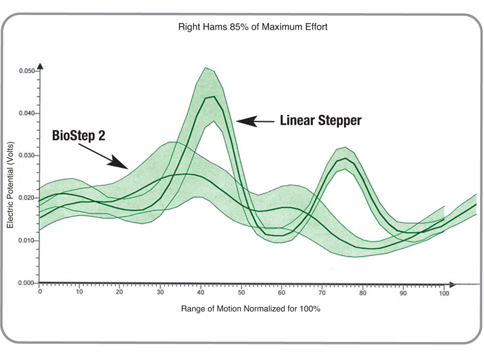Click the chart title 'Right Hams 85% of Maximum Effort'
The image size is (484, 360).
click(253, 27)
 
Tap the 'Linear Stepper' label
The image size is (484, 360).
click(320, 120)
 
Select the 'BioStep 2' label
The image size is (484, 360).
click(78, 135)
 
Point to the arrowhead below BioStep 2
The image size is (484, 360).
click(119, 163)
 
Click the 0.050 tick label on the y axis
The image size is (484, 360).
click(26, 71)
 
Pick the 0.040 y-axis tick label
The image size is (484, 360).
click(26, 113)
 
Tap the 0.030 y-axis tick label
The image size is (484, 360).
click(26, 155)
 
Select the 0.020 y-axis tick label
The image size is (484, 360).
click(26, 198)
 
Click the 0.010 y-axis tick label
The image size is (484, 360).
click(26, 240)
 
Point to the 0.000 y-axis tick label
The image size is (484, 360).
click(26, 283)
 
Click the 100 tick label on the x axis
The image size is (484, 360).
click(444, 293)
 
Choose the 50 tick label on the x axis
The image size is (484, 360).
click(241, 292)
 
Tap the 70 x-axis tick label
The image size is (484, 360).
click(322, 292)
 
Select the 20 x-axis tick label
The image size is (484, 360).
click(119, 292)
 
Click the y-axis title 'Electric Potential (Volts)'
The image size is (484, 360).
click(10, 185)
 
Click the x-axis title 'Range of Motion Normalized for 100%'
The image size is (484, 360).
click(250, 308)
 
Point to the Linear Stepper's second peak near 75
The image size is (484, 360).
click(345, 158)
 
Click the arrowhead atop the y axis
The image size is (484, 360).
click(40, 66)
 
